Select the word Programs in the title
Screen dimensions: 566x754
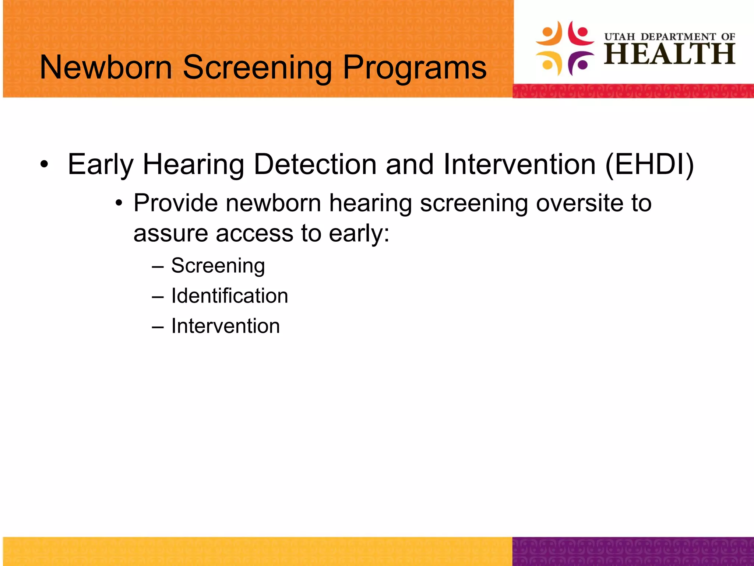[415, 68]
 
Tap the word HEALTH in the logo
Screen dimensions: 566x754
[669, 54]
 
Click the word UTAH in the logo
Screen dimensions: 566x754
[620, 37]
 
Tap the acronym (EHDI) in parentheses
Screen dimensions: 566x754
[649, 164]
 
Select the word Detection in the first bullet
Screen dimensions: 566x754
[315, 164]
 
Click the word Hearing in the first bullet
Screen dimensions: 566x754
[193, 165]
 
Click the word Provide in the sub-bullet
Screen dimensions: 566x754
[175, 203]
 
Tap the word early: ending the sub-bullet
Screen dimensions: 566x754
[359, 234]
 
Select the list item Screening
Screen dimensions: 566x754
[218, 266]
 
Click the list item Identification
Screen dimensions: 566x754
[229, 296]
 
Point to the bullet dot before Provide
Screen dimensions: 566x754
[119, 204]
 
